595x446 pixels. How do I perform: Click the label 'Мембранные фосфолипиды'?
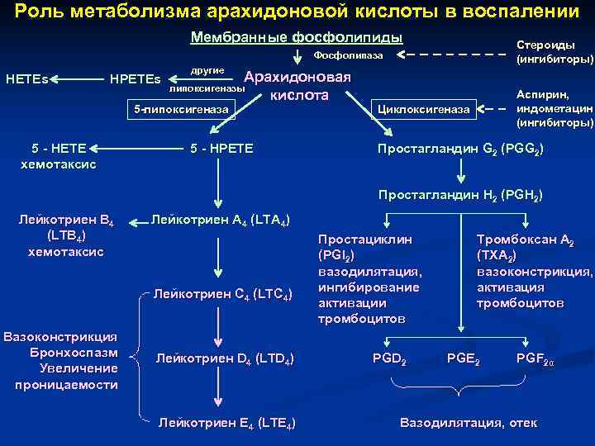pyautogui.click(x=297, y=38)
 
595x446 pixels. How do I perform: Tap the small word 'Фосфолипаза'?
pyautogui.click(x=348, y=55)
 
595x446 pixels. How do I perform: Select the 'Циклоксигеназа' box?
pyautogui.click(x=423, y=109)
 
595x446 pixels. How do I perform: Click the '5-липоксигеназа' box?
pyautogui.click(x=181, y=109)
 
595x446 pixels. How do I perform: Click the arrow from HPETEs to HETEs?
pyautogui.click(x=78, y=80)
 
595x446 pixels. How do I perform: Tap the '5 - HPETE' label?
pyautogui.click(x=221, y=149)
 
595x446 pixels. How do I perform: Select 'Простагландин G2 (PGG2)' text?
pyautogui.click(x=460, y=149)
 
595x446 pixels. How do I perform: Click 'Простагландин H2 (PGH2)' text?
pyautogui.click(x=460, y=196)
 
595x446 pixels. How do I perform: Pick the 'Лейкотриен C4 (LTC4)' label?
pyautogui.click(x=221, y=295)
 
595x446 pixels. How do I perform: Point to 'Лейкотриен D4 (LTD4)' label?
pyautogui.click(x=224, y=358)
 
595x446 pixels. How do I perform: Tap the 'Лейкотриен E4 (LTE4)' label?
pyautogui.click(x=226, y=423)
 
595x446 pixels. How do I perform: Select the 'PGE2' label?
pyautogui.click(x=463, y=358)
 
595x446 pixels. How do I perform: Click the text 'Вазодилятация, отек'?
pyautogui.click(x=468, y=423)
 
